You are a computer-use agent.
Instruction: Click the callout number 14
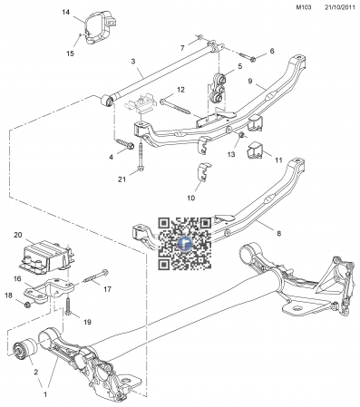pos(66,12)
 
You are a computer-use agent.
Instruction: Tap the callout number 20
pos(18,235)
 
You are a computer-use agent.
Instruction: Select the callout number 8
pos(278,233)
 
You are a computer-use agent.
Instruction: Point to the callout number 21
pos(122,179)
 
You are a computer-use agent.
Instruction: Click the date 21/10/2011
pos(340,7)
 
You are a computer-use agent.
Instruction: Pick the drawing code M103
pos(304,7)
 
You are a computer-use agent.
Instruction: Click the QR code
pos(185,243)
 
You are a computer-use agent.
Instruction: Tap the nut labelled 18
pos(27,305)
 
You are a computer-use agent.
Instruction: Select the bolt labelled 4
pos(125,144)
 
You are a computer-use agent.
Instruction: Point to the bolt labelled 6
pos(248,57)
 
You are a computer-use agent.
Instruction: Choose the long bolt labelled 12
pos(174,107)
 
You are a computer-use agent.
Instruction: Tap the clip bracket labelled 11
pos(255,150)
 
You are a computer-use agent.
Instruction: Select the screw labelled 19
pos(68,305)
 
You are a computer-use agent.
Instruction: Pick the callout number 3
pos(133,62)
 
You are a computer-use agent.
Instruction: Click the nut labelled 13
pos(242,134)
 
